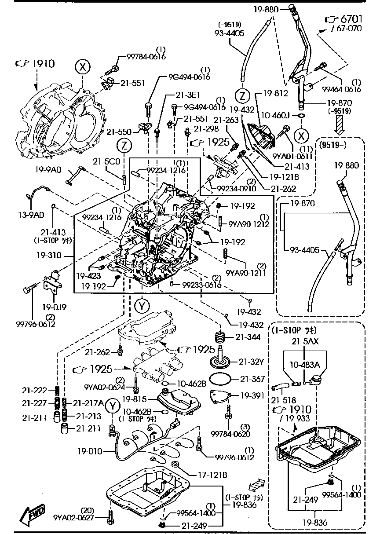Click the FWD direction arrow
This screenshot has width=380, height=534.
pyautogui.click(x=32, y=514)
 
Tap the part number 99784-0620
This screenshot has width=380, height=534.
pyautogui.click(x=231, y=435)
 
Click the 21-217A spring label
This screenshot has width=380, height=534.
pyautogui.click(x=88, y=402)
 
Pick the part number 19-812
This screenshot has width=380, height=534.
pyautogui.click(x=276, y=93)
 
